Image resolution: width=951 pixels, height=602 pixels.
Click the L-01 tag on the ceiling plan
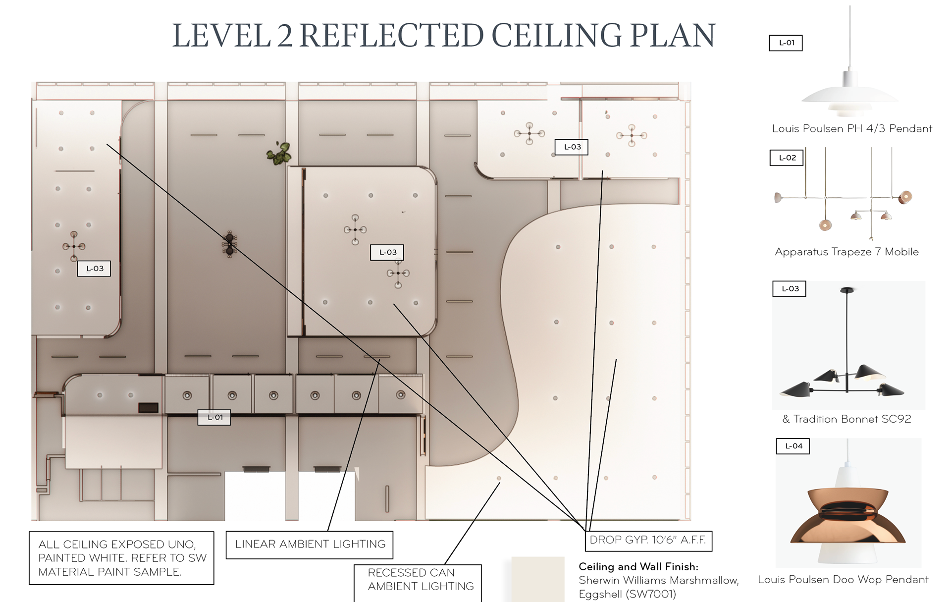(214, 417)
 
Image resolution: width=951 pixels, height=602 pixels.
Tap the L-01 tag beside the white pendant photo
(786, 43)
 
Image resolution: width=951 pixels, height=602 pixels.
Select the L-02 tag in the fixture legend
(787, 158)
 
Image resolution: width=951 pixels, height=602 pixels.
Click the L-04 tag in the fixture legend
(793, 446)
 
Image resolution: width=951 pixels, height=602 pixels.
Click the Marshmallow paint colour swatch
(538, 579)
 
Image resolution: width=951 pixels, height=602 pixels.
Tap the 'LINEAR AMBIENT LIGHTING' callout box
(310, 545)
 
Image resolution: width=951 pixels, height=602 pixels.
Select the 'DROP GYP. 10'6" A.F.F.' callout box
(648, 540)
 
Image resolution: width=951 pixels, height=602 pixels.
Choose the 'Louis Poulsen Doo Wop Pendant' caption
(843, 580)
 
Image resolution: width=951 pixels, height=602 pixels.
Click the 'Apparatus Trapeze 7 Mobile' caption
(846, 252)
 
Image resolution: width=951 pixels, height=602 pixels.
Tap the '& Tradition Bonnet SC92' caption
(846, 419)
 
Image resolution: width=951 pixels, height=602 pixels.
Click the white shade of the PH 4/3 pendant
(849, 95)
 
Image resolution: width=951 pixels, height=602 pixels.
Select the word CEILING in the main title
(557, 36)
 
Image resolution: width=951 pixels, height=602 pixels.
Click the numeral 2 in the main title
(285, 36)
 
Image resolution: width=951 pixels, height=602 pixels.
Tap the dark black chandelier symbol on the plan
(229, 244)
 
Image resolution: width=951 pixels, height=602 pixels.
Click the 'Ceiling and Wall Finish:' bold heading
(638, 567)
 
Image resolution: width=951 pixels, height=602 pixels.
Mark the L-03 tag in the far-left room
(94, 269)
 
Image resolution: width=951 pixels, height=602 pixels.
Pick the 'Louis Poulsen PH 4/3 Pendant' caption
(852, 129)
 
